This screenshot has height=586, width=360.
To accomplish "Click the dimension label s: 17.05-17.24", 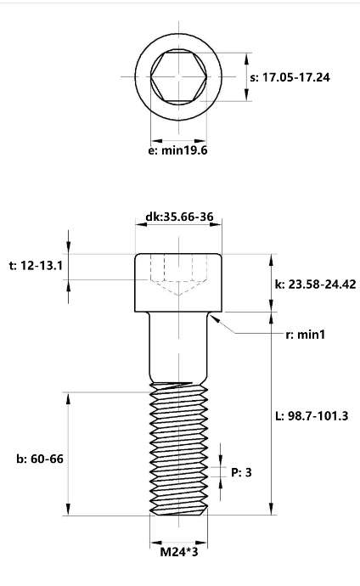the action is tap(290, 77).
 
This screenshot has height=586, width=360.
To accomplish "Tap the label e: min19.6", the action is tap(177, 150).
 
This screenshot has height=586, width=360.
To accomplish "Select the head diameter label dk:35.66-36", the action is tap(179, 217).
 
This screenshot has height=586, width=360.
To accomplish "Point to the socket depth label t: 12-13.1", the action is tap(36, 265).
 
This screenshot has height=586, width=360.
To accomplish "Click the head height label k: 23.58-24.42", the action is tap(316, 284).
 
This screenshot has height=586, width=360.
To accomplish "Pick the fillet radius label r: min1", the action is tap(305, 335).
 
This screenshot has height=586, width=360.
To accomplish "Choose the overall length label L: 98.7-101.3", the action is tap(312, 415).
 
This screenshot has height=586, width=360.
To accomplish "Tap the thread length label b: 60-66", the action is tap(40, 459).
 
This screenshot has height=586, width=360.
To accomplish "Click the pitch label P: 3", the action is tap(241, 472).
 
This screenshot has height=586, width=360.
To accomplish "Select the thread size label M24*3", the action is tap(179, 552).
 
